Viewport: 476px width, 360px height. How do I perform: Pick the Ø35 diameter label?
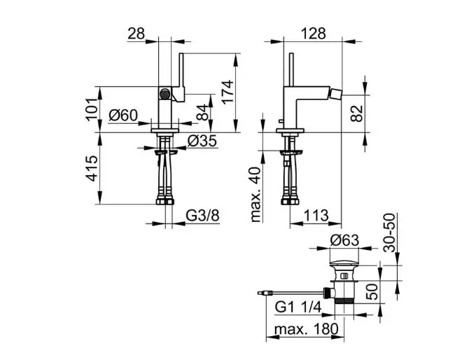click(x=203, y=141)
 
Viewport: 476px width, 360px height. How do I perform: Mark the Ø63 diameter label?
click(x=344, y=240)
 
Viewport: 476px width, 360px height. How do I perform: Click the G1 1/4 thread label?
click(x=298, y=307)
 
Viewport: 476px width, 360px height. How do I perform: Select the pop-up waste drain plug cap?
click(x=344, y=263)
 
